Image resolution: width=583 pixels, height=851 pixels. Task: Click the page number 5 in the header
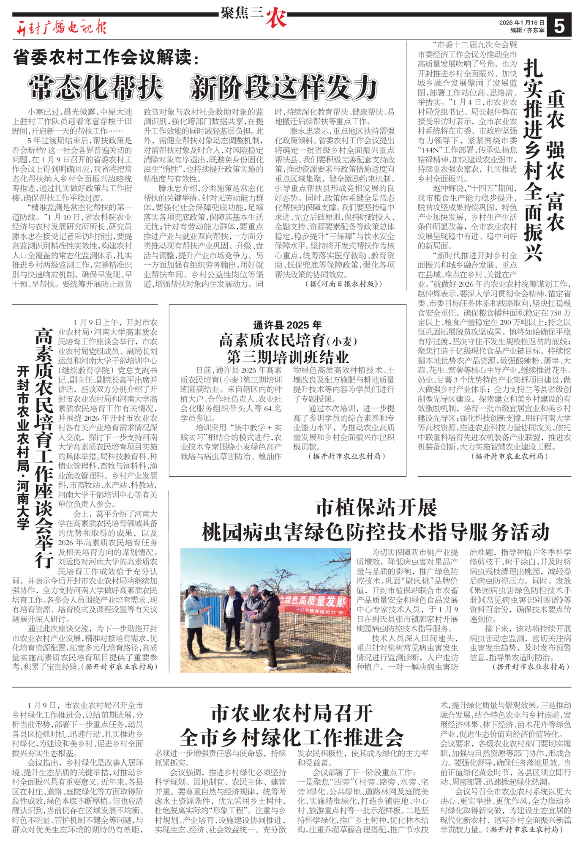(559, 26)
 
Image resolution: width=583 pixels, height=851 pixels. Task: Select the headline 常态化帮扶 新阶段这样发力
(203, 88)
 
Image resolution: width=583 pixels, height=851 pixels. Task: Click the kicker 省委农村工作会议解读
(106, 57)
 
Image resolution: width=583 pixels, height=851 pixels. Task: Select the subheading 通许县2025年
(287, 325)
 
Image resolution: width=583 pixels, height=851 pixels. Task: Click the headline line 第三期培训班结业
(287, 357)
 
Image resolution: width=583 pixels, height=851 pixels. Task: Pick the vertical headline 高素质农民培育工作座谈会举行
(44, 448)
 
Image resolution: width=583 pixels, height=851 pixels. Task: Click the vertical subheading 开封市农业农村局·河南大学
(23, 448)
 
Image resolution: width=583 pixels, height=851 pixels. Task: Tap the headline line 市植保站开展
(376, 507)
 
